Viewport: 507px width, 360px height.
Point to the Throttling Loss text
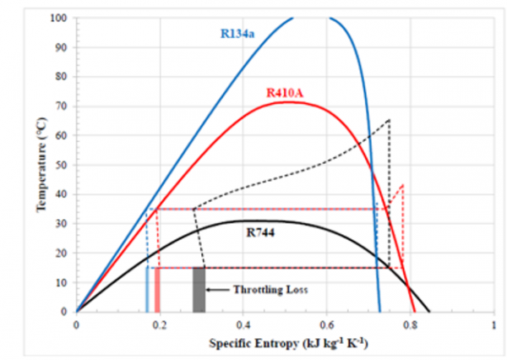pos(270,289)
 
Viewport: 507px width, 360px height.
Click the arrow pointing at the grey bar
pos(219,289)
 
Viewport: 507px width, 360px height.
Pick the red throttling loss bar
pos(157,290)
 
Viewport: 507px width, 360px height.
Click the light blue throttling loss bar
pos(147,290)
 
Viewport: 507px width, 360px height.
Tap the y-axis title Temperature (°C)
pos(43,164)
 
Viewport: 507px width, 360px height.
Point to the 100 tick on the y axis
pos(59,17)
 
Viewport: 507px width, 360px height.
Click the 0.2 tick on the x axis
pos(160,323)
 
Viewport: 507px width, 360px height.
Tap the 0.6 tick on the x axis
pos(326,323)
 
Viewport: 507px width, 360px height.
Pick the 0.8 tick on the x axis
pos(410,323)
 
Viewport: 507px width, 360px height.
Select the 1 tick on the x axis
pos(493,323)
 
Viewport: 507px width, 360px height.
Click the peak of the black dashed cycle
pos(389,119)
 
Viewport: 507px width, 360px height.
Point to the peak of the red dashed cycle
pos(403,184)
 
